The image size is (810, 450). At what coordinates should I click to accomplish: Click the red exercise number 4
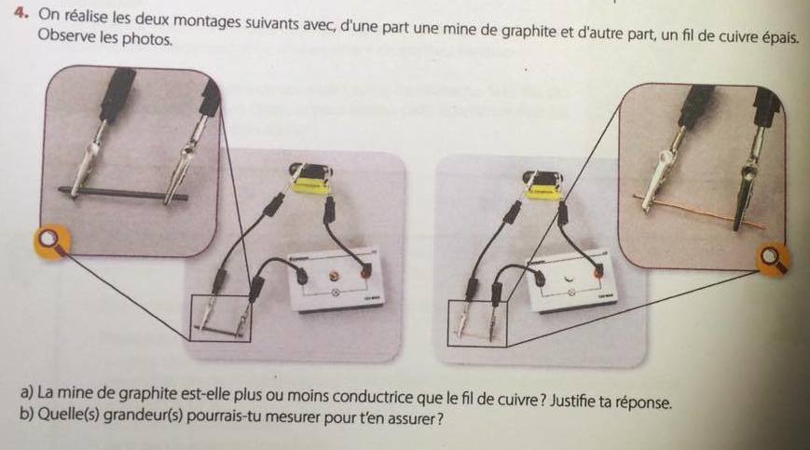tap(21, 12)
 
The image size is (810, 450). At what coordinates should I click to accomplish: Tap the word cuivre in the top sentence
tap(738, 36)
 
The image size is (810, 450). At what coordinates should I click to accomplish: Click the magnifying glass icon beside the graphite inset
tap(51, 242)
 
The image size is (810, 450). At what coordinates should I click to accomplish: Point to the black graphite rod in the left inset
tap(123, 194)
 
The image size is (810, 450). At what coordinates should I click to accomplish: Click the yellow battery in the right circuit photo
tap(542, 191)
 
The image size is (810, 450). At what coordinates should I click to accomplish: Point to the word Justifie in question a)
tap(571, 400)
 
